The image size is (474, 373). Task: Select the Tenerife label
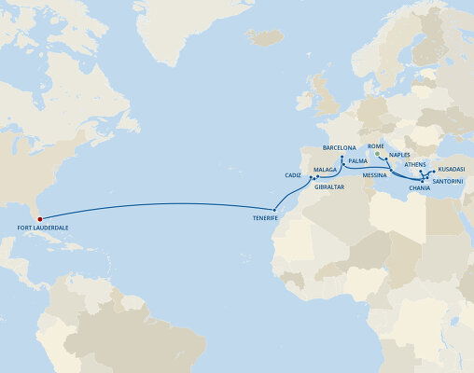pyautogui.click(x=267, y=217)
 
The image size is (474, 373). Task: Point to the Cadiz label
pyautogui.click(x=294, y=174)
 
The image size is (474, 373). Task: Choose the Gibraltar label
pyautogui.click(x=329, y=186)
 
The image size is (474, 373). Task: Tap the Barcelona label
pyautogui.click(x=340, y=147)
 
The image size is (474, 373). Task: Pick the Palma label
pyautogui.click(x=356, y=160)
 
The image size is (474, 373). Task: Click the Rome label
pyautogui.click(x=376, y=146)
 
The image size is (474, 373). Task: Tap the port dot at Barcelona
pyautogui.click(x=342, y=157)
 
